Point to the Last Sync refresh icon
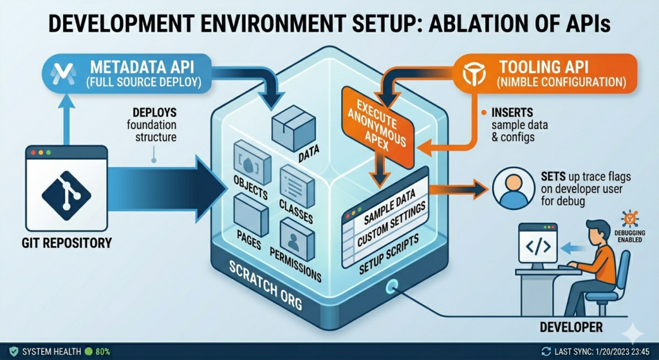click(546, 352)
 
